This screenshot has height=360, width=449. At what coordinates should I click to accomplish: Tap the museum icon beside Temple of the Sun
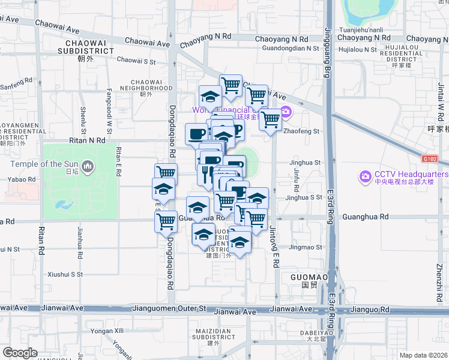point(88,165)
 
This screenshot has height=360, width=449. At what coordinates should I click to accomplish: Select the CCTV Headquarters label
point(411,174)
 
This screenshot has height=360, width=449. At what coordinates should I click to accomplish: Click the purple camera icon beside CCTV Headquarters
point(364,176)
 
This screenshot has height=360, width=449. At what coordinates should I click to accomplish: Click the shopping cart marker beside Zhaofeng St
point(271,119)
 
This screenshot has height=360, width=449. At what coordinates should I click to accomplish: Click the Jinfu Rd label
point(296,176)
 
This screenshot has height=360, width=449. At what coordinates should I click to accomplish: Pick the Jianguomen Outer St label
point(169,309)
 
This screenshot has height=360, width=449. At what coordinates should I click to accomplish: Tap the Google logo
point(20,353)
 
